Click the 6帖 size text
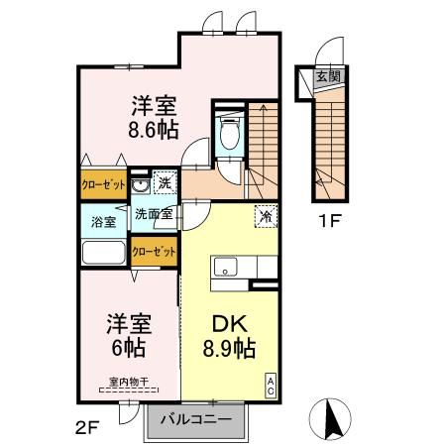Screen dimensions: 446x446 click(128, 348)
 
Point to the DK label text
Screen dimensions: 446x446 click(228, 323)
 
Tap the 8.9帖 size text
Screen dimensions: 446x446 click(228, 349)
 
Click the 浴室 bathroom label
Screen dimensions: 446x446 click(104, 220)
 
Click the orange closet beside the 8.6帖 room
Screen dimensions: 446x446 click(103, 184)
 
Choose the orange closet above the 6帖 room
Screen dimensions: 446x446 click(154, 252)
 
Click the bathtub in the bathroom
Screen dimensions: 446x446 click(102, 253)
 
